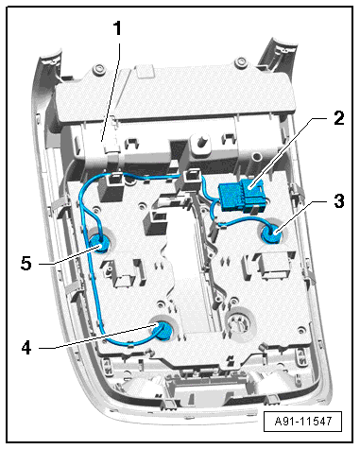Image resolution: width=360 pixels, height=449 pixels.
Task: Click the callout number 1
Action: [x=117, y=28]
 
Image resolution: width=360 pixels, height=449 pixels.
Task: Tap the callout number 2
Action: [x=339, y=118]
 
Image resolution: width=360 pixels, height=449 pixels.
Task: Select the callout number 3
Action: [x=339, y=201]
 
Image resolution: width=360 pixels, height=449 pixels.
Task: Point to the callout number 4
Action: [x=26, y=348]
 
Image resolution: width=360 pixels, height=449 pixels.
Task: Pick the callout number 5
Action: [x=26, y=263]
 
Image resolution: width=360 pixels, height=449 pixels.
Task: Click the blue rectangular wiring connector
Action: [x=242, y=196]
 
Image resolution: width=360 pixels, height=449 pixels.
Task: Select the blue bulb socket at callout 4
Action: [x=163, y=332]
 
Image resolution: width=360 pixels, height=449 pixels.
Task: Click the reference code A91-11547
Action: [x=303, y=421]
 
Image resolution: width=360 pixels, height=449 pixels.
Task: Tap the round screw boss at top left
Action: [x=98, y=68]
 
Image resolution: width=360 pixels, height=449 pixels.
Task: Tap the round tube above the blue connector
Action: [x=256, y=156]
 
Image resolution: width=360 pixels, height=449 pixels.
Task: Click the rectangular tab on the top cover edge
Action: [x=144, y=72]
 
